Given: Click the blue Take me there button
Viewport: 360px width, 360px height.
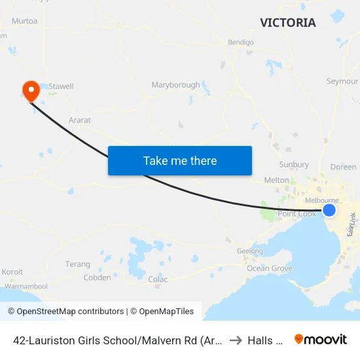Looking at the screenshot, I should [180, 160].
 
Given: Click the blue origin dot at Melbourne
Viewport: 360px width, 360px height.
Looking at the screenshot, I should [330, 209].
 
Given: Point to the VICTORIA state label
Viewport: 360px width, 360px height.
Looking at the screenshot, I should [287, 23].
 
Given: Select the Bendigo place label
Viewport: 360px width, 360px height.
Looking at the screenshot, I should [240, 43].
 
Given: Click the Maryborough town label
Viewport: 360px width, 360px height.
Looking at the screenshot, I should [175, 85].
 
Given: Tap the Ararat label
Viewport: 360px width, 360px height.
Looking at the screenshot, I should [80, 120].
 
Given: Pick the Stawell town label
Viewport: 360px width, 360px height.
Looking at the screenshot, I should [62, 86].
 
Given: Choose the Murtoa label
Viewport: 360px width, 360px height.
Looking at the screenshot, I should [24, 21].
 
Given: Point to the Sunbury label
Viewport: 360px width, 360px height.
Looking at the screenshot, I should [294, 164].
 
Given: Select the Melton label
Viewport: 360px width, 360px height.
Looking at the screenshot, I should [276, 180].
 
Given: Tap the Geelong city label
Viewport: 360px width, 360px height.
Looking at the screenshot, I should [249, 251].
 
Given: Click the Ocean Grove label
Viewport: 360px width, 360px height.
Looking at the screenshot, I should [270, 268].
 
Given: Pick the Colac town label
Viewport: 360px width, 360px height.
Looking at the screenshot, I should [158, 279].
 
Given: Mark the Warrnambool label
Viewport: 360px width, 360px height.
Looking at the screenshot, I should [26, 287].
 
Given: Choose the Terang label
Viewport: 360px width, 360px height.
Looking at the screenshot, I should [78, 264].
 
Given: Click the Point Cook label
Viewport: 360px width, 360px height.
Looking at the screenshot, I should [297, 214].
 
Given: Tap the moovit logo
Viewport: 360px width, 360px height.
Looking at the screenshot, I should [320, 339].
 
